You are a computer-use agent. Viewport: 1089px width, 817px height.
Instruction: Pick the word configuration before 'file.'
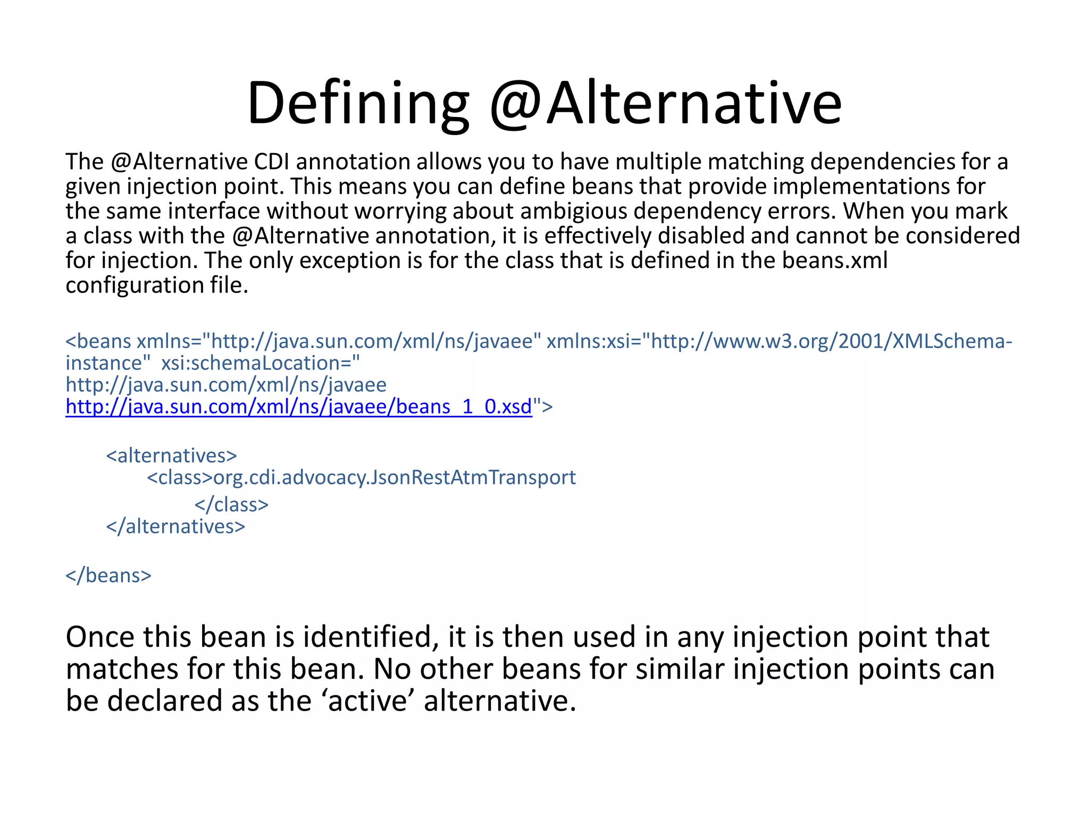coord(133,286)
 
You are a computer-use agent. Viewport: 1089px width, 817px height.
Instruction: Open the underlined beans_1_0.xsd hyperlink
coord(298,407)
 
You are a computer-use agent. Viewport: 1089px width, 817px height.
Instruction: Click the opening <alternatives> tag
coord(171,456)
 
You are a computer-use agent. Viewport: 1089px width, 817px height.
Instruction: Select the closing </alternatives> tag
coord(175,527)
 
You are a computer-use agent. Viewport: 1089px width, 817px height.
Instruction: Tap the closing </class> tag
coord(231,504)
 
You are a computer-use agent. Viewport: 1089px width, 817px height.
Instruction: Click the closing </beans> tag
coord(108,576)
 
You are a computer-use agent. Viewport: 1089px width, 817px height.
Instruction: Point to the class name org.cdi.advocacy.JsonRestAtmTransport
coord(394,478)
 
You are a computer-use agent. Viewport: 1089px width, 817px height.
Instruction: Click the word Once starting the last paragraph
coord(99,637)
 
